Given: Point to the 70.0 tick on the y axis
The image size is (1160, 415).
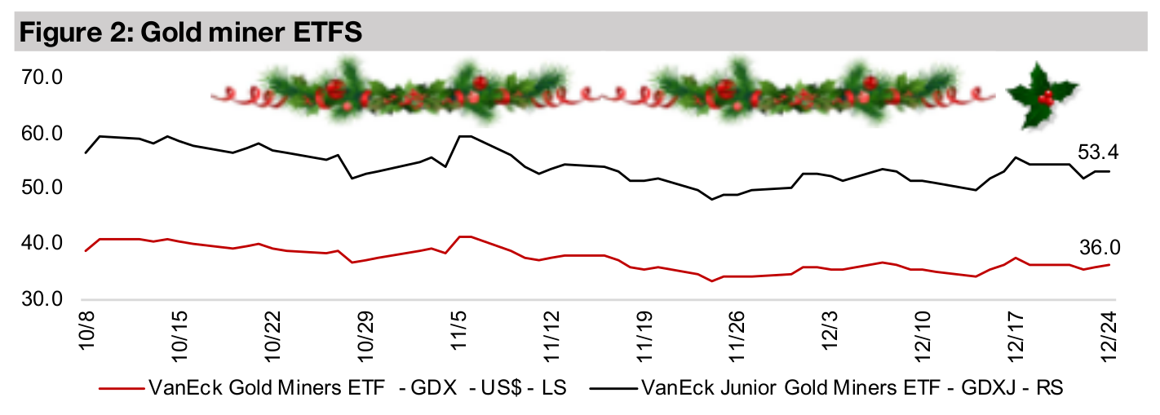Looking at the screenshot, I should [x=46, y=79].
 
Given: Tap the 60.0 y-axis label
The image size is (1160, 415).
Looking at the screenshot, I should [x=46, y=133].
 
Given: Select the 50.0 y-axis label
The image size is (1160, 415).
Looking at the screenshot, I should [x=46, y=188].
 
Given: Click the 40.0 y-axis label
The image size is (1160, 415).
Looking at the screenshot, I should [x=46, y=243].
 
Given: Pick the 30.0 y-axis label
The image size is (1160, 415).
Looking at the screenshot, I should [x=46, y=298].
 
